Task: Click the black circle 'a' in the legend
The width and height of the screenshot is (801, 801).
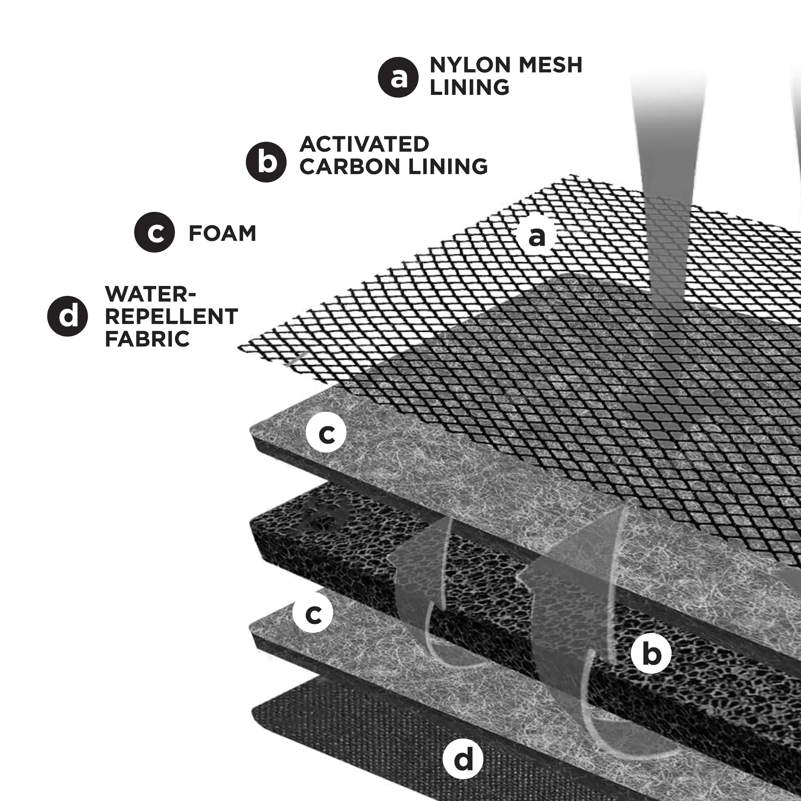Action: (x=398, y=77)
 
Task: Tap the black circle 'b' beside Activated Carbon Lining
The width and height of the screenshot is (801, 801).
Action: (x=266, y=162)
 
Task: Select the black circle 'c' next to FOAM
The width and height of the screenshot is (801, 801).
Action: (x=155, y=232)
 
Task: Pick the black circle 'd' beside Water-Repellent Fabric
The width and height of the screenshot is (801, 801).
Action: (x=68, y=316)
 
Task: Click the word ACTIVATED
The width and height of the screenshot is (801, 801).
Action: (x=364, y=144)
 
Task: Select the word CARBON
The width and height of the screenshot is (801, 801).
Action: (x=350, y=167)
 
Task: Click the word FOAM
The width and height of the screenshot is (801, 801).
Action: (x=222, y=233)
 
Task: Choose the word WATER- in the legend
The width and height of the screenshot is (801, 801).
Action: (x=150, y=294)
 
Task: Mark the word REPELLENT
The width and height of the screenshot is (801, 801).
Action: (x=171, y=317)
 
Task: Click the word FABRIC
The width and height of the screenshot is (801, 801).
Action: (x=147, y=339)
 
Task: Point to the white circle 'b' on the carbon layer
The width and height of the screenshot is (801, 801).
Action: (x=651, y=654)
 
